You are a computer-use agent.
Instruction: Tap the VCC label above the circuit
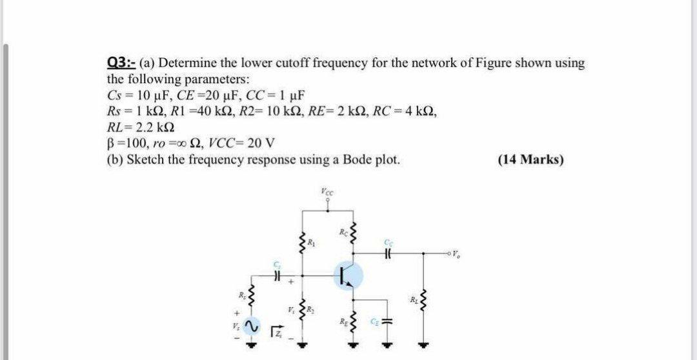pyautogui.click(x=328, y=191)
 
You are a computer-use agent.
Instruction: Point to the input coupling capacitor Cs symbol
pyautogui.click(x=277, y=275)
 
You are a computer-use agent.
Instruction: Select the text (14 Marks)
pyautogui.click(x=530, y=159)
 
